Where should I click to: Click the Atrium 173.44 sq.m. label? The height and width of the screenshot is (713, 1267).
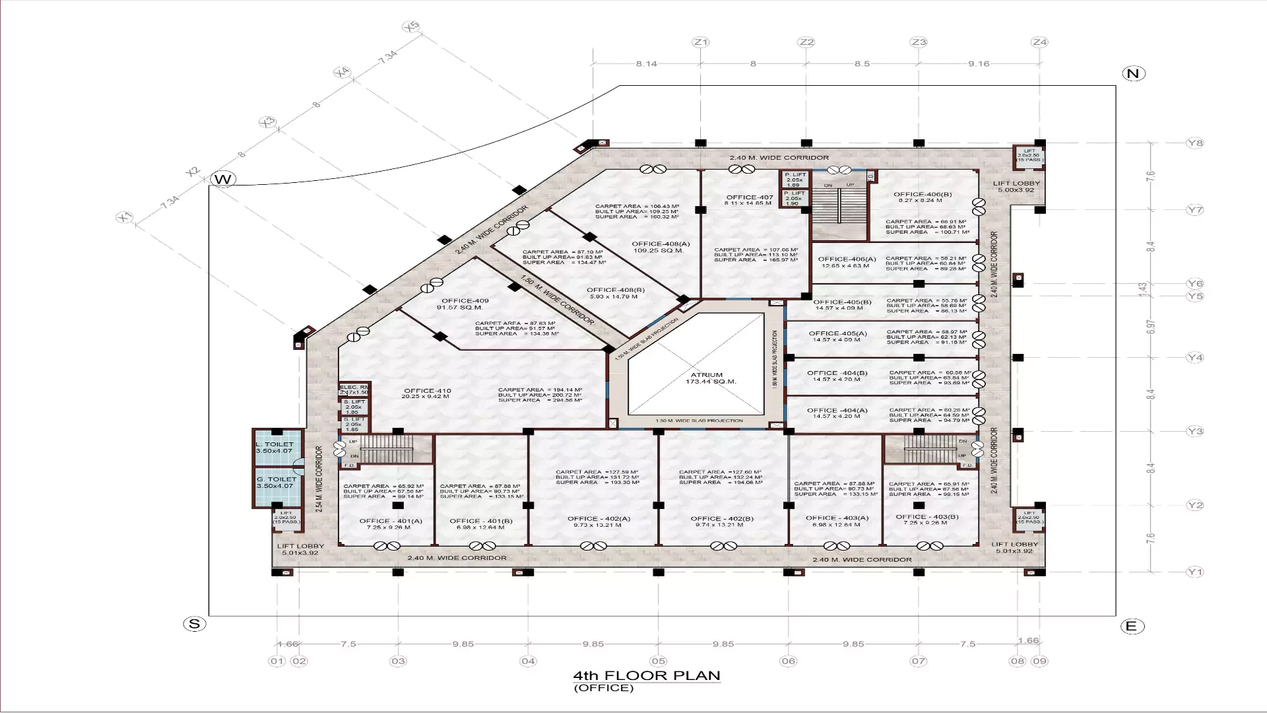(x=707, y=378)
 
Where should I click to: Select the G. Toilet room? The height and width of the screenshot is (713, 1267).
(x=277, y=483)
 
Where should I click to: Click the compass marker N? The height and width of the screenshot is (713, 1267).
(x=1133, y=73)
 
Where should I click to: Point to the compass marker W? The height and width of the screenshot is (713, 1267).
(x=223, y=180)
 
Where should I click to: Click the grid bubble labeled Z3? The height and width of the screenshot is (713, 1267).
(x=919, y=42)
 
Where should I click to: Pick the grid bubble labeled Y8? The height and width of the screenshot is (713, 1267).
(x=1195, y=143)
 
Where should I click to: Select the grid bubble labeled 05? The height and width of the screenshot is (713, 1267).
(x=658, y=661)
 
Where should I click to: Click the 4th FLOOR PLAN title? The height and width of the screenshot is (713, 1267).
(x=647, y=676)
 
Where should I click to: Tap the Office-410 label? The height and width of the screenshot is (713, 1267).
(x=427, y=391)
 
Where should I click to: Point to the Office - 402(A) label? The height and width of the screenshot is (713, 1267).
(x=599, y=519)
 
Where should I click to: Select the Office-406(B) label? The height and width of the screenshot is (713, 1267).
(x=923, y=195)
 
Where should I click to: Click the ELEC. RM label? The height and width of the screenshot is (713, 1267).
(x=354, y=387)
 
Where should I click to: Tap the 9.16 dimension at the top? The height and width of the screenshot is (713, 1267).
(x=979, y=64)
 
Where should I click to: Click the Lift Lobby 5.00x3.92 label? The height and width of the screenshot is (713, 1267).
(x=1016, y=187)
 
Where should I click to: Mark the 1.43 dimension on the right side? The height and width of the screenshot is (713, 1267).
(x=1143, y=289)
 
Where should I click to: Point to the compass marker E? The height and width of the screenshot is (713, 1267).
(x=1132, y=627)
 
